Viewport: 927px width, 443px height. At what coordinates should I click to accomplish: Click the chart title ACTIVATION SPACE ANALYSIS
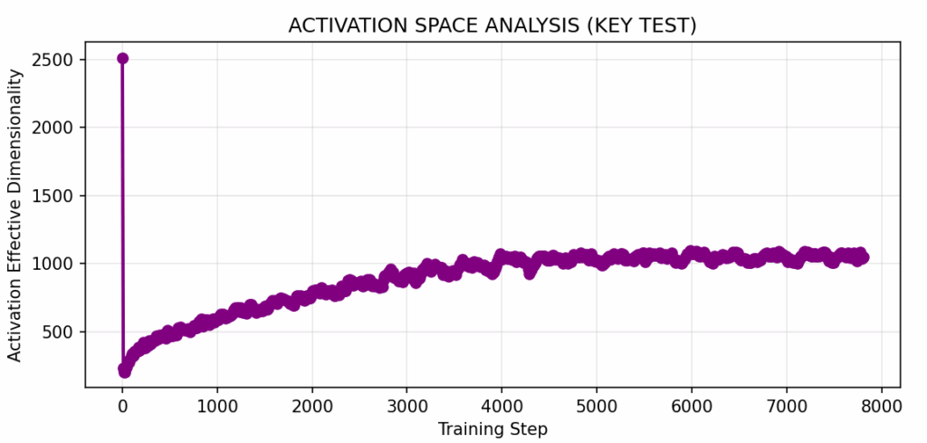tap(492, 26)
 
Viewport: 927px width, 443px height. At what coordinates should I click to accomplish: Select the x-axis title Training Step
tap(492, 428)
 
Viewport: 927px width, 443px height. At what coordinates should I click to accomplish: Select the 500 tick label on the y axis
tap(62, 332)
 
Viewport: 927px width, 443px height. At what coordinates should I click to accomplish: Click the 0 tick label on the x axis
tap(123, 405)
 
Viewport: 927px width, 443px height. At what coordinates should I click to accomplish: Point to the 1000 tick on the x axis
tap(217, 405)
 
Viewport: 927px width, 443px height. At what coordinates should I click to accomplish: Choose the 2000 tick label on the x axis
tap(312, 405)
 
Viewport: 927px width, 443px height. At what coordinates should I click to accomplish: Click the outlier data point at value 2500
tap(123, 58)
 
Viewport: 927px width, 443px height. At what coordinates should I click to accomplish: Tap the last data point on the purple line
tap(863, 258)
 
